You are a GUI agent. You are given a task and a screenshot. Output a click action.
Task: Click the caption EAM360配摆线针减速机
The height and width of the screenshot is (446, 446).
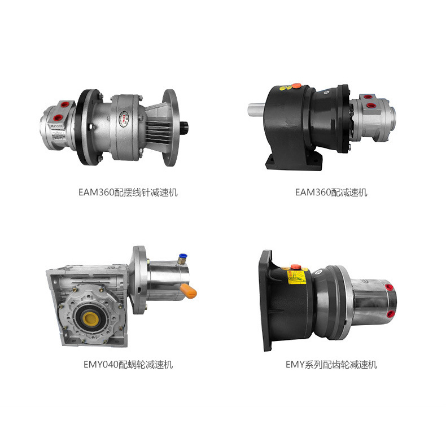tap(128, 193)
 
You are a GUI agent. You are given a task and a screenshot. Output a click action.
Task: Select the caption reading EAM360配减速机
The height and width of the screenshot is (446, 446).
tap(331, 193)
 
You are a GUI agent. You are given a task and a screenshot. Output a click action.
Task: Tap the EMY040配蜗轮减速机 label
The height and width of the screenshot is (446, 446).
tap(128, 364)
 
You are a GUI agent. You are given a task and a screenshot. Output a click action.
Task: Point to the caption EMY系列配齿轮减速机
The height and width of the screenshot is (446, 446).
tap(331, 364)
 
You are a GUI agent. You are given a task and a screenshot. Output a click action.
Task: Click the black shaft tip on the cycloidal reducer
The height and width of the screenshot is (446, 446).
tap(184, 125)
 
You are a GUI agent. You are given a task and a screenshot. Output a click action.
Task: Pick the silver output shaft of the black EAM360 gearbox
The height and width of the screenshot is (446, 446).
tap(256, 110)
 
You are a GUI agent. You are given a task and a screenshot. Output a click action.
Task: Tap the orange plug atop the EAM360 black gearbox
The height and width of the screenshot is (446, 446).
tap(296, 85)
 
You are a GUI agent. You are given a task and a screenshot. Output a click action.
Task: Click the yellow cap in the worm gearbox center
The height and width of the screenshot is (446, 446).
tap(91, 319)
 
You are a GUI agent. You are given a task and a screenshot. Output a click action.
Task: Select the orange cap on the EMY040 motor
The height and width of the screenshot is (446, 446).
tap(189, 291)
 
